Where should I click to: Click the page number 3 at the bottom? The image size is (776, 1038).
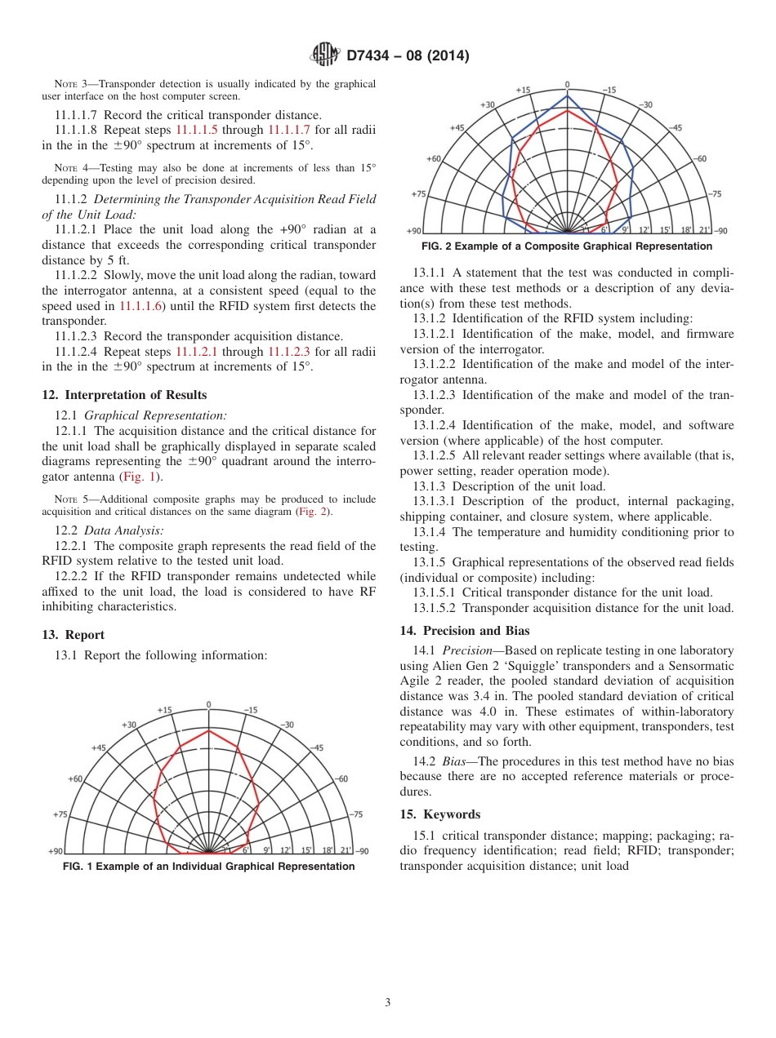pos(387,1003)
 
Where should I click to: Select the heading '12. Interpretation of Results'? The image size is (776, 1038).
pos(123,395)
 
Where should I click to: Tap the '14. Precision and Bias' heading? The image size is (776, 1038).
pos(464,631)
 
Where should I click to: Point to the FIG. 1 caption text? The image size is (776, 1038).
pos(208,867)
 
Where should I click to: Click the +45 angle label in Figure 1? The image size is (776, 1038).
pos(99,747)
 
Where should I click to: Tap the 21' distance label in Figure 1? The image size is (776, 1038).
pos(346,850)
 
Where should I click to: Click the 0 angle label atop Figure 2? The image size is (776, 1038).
pos(567,84)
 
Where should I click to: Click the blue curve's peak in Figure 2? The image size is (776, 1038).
pos(567,95)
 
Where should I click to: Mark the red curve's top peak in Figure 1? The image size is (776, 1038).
pos(209,730)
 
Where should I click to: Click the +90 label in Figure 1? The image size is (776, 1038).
pos(55,850)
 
